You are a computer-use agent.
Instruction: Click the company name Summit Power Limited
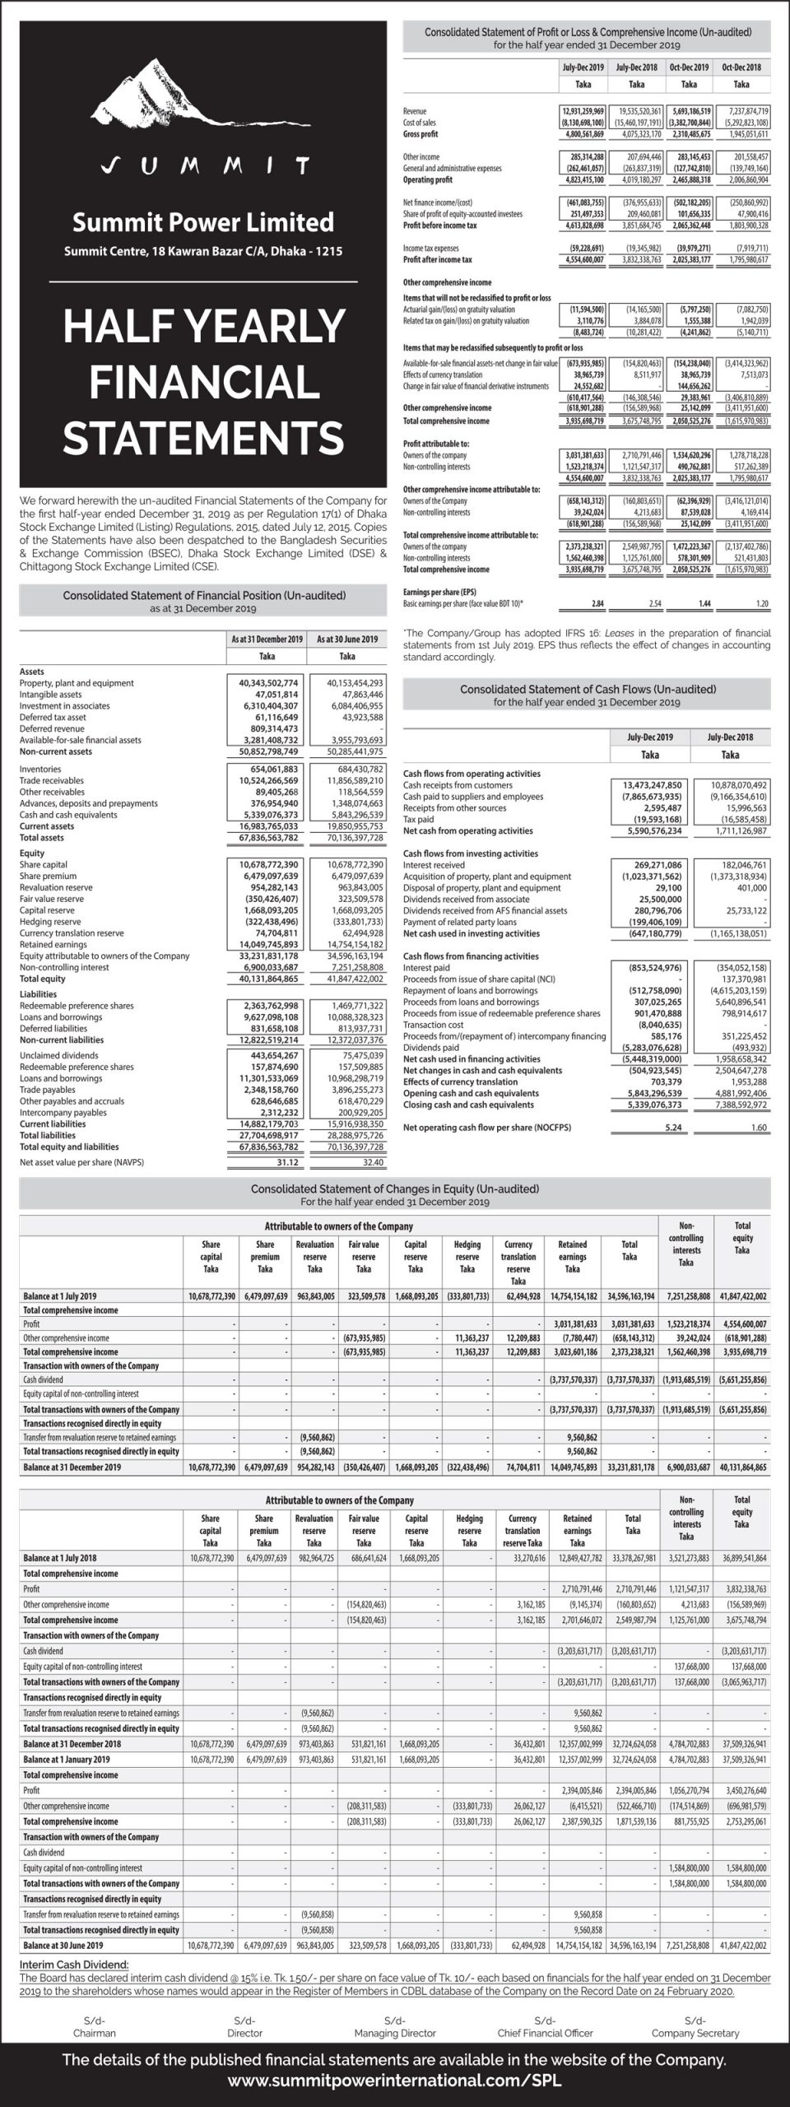(x=203, y=222)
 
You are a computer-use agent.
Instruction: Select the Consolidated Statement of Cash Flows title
(x=588, y=689)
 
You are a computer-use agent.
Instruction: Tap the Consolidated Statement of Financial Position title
(x=204, y=595)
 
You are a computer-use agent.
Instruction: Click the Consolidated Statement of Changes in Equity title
(x=395, y=1188)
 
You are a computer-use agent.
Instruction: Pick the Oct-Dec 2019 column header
(x=689, y=67)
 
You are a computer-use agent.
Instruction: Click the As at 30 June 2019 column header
(x=346, y=639)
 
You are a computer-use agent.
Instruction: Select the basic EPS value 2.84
(x=597, y=604)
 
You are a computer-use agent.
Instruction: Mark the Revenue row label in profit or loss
(x=415, y=110)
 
